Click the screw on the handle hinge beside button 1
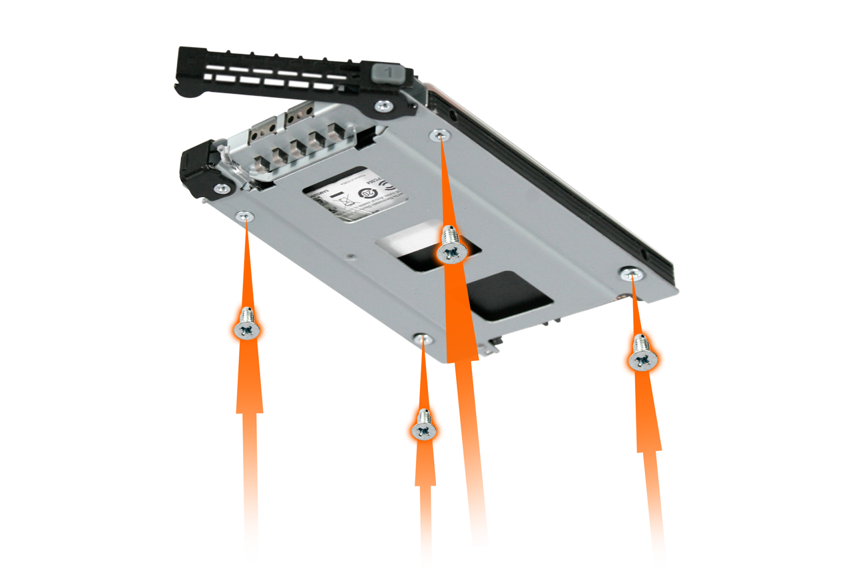384,106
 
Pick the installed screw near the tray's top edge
439,135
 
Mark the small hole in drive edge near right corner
645,253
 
